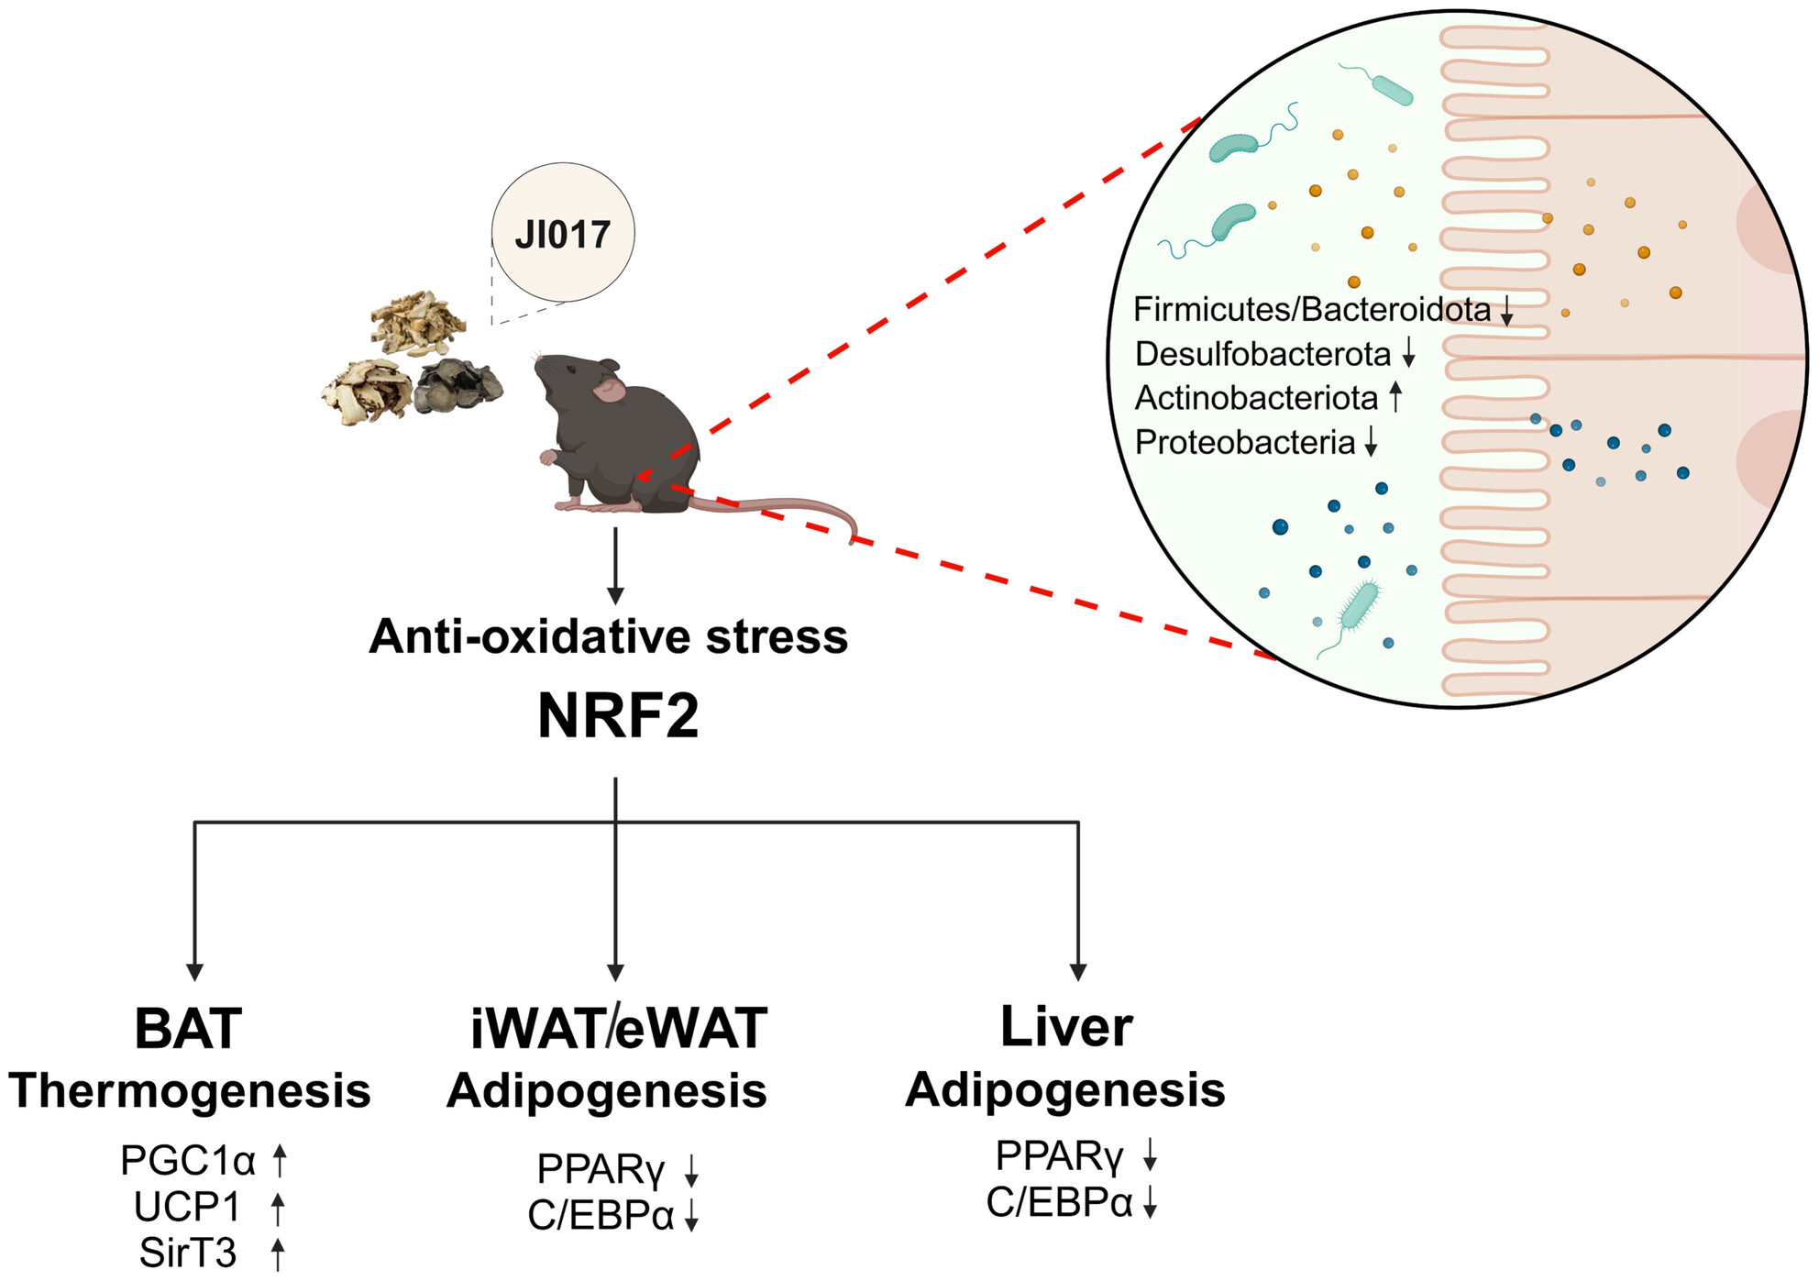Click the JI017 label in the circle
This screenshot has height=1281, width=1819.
[562, 235]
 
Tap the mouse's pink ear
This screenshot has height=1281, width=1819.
[608, 391]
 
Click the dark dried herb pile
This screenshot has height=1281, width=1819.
[457, 384]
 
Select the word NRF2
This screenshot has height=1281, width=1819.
[618, 716]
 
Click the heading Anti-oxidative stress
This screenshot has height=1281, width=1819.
[608, 636]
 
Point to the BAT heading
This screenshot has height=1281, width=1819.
[188, 1028]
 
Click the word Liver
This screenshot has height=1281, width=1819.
[1066, 1026]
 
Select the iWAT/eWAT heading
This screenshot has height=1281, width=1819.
[618, 1028]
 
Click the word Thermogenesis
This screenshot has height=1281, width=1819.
[190, 1090]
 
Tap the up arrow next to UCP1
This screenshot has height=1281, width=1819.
[279, 1208]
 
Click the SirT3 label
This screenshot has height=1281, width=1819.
[188, 1253]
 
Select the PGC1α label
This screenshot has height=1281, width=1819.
[188, 1161]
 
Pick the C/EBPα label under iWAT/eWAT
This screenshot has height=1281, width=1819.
[601, 1215]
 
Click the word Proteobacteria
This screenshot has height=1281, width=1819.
[1244, 442]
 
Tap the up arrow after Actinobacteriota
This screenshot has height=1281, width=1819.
[1395, 396]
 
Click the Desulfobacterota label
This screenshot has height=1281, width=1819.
[1262, 354]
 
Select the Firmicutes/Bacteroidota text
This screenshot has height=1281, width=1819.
[1311, 310]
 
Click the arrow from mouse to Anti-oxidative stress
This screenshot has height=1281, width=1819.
[615, 564]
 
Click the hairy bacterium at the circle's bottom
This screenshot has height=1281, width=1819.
[1359, 606]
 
